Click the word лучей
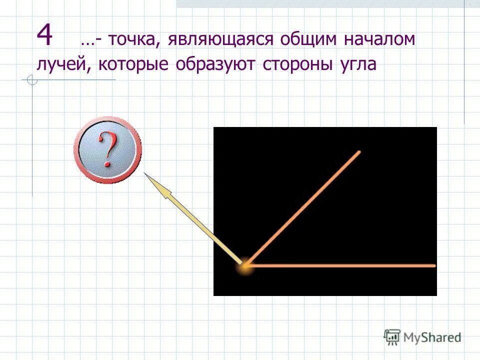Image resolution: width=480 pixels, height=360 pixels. pyautogui.click(x=63, y=65)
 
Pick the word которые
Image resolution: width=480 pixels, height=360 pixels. pyautogui.click(x=132, y=65)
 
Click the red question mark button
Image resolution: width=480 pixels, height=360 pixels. pyautogui.click(x=107, y=149)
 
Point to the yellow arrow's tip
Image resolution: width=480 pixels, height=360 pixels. pyautogui.click(x=146, y=174)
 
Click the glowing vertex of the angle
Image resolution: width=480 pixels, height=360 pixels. pyautogui.click(x=244, y=266)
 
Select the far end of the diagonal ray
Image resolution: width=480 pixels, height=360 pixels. pyautogui.click(x=358, y=151)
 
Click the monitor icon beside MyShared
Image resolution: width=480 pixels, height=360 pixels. pyautogui.click(x=392, y=336)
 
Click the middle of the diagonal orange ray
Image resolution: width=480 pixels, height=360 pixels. pyautogui.click(x=301, y=208)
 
